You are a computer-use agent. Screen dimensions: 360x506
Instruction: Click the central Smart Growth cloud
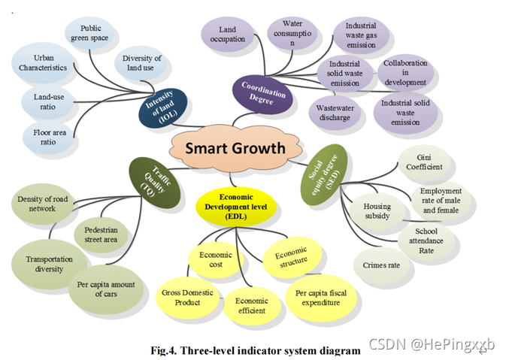click(235, 148)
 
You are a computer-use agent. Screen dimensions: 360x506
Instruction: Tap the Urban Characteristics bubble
click(44, 62)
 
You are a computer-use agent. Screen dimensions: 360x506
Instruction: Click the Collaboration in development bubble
click(404, 72)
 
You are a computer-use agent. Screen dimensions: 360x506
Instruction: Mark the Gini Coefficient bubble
click(426, 162)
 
